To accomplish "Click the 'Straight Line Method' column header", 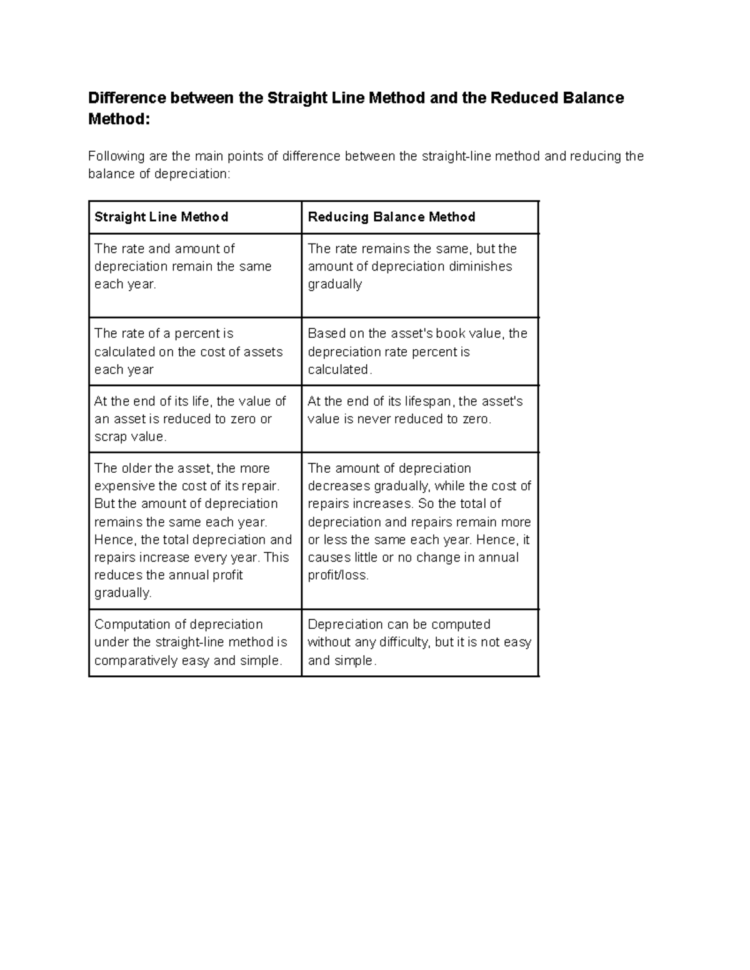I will point(161,217).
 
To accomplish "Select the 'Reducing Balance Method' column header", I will point(391,217).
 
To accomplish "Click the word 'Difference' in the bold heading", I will point(127,98).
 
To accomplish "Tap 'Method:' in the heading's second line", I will point(119,119).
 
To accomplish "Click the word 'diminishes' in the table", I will point(482,266).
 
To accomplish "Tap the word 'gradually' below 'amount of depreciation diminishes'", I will point(335,284).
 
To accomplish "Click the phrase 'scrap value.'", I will point(131,437).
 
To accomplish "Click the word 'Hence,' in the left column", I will point(114,540).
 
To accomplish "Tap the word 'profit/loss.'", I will point(338,575).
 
